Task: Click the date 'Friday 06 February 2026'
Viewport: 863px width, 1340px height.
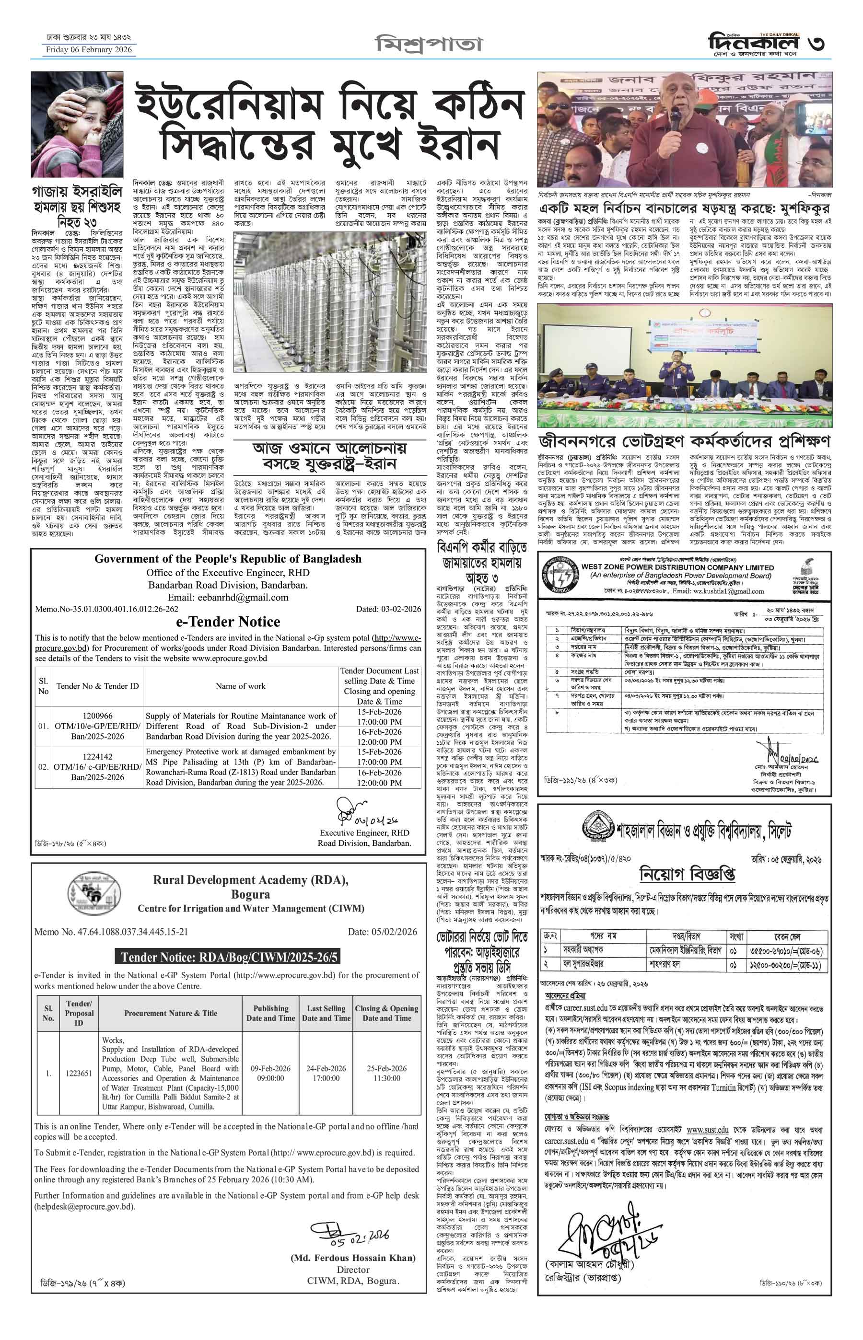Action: (89, 50)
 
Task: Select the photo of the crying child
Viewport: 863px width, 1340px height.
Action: (77, 124)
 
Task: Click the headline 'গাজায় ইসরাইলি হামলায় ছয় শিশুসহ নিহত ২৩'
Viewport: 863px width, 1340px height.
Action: (77, 207)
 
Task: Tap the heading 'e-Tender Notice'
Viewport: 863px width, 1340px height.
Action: (228, 622)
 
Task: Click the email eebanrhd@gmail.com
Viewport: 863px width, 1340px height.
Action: (228, 597)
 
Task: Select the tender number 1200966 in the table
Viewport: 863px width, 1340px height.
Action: (97, 716)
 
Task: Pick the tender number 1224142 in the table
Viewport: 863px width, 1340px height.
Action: (97, 756)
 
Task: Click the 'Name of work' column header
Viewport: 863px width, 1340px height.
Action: (240, 686)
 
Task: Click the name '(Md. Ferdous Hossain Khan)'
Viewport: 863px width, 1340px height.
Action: (353, 1258)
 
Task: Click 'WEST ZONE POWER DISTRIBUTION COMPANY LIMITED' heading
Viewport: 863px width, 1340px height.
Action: (677, 567)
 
